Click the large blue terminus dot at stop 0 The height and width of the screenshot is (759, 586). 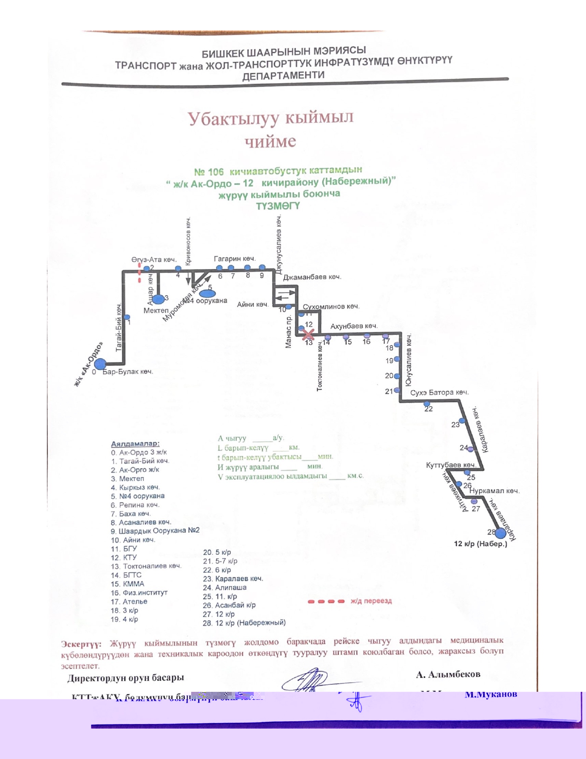(100, 364)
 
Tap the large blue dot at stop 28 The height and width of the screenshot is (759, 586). (500, 533)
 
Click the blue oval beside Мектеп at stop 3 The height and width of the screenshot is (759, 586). (158, 299)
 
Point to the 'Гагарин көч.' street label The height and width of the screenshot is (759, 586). (234, 259)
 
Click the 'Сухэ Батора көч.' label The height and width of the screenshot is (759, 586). (439, 393)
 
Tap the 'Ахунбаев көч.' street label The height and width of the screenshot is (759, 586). (354, 326)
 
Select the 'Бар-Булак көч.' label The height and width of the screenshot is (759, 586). (128, 372)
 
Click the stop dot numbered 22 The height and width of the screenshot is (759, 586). (427, 404)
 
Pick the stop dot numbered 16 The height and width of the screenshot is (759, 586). (367, 336)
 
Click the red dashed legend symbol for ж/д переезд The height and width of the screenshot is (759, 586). (326, 601)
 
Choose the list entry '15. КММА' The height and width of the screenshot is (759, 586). (128, 584)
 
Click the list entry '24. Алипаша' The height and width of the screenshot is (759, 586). (225, 587)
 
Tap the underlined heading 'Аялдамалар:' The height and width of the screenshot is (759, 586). (135, 444)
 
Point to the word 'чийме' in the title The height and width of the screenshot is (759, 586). (270, 142)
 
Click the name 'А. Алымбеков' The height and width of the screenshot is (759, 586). (448, 674)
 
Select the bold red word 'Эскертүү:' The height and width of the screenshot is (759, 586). (81, 644)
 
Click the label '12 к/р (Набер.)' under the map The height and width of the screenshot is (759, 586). (481, 544)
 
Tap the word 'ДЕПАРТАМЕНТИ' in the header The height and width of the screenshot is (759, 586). (284, 75)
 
